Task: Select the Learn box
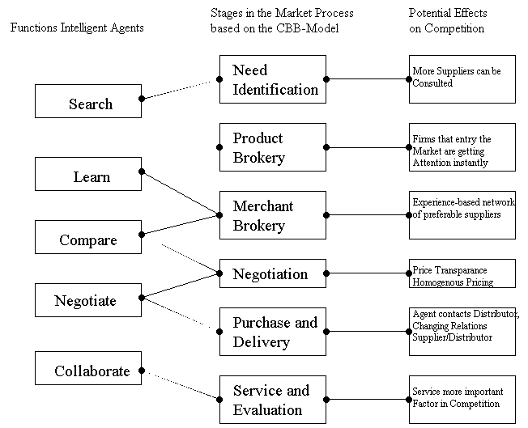click(89, 176)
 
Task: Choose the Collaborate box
click(89, 371)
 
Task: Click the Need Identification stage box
click(272, 79)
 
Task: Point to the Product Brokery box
click(272, 147)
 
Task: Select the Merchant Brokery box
click(272, 215)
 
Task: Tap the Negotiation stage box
click(272, 273)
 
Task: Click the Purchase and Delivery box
click(272, 332)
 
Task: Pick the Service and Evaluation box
click(272, 400)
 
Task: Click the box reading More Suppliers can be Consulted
click(462, 78)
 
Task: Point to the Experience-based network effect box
click(462, 215)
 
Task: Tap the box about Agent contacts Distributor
click(462, 330)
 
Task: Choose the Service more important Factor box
click(462, 398)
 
